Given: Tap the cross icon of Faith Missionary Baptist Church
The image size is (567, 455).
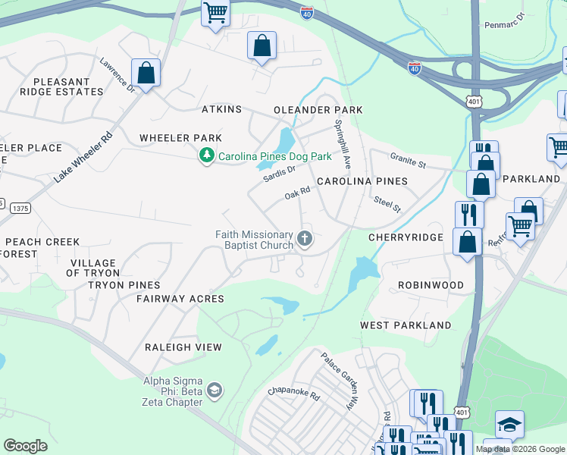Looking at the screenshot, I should point(305,240).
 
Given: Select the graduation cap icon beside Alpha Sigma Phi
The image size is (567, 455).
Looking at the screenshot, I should point(215,391).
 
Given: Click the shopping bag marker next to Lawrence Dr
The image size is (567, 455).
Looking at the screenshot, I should point(146,74).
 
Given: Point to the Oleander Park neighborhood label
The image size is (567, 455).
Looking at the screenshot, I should point(318,110).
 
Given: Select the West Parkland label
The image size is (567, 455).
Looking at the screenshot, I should point(406,325).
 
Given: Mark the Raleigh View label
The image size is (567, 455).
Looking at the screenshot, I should point(183,347).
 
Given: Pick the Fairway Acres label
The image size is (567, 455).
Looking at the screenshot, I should point(180,299).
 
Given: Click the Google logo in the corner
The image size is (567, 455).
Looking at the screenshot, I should point(25,445).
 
